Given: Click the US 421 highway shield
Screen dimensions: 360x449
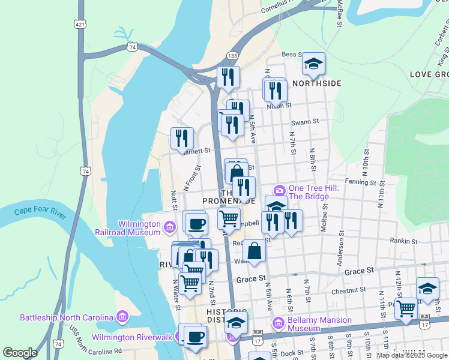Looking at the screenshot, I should tap(80, 25).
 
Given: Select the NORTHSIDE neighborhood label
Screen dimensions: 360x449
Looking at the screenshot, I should tap(316, 83).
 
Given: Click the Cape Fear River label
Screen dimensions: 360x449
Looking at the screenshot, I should tap(39, 211).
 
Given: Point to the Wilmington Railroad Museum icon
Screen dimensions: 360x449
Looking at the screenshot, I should tap(169, 227).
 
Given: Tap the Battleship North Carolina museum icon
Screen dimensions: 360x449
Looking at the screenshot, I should tap(122, 317).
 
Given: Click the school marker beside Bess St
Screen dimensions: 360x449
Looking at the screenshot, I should tap(313, 64).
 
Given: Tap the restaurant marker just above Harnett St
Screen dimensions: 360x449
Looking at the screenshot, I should tap(181, 138).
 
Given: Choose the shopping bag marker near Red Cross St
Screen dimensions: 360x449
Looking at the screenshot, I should tap(255, 251).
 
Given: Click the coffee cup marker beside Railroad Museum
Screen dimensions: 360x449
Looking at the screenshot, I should tap(196, 224).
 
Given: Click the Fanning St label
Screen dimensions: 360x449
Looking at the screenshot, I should tap(360, 181).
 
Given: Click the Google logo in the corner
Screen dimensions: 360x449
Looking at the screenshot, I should tap(20, 352).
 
